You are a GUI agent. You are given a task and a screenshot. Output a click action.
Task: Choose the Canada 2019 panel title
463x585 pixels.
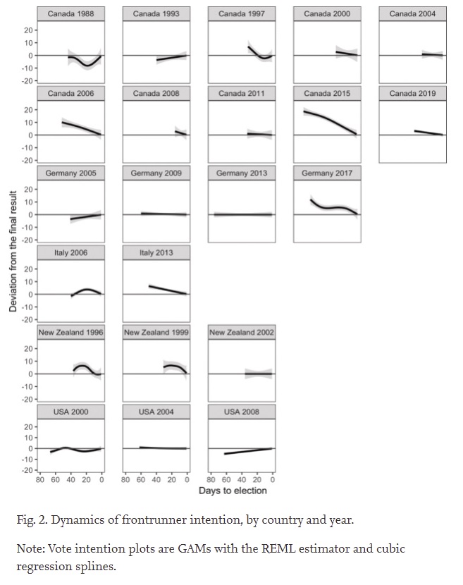[x=412, y=93]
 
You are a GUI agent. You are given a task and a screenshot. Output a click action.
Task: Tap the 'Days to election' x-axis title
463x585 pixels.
[x=233, y=491]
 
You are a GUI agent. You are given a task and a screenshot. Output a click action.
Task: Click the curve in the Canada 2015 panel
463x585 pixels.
[x=331, y=118]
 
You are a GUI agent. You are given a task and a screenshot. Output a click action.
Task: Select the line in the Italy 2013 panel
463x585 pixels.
[x=167, y=290]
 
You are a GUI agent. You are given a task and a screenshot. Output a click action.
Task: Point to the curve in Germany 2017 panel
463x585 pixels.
[x=331, y=208]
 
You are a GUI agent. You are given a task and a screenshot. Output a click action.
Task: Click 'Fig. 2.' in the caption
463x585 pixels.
[x=31, y=521]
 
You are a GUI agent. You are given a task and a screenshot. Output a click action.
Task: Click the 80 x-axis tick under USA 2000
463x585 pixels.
[x=40, y=479]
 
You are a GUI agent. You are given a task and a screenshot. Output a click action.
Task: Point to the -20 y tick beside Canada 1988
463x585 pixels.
[x=28, y=80]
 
